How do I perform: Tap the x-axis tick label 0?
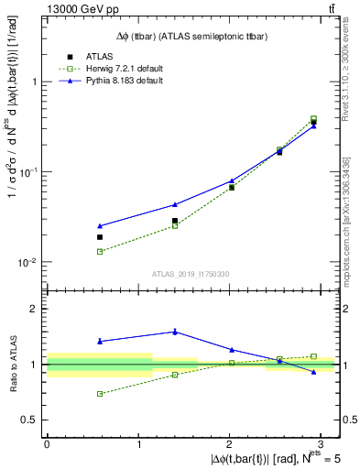pyautogui.click(x=47, y=444)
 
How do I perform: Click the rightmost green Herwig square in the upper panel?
pyautogui.click(x=313, y=119)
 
